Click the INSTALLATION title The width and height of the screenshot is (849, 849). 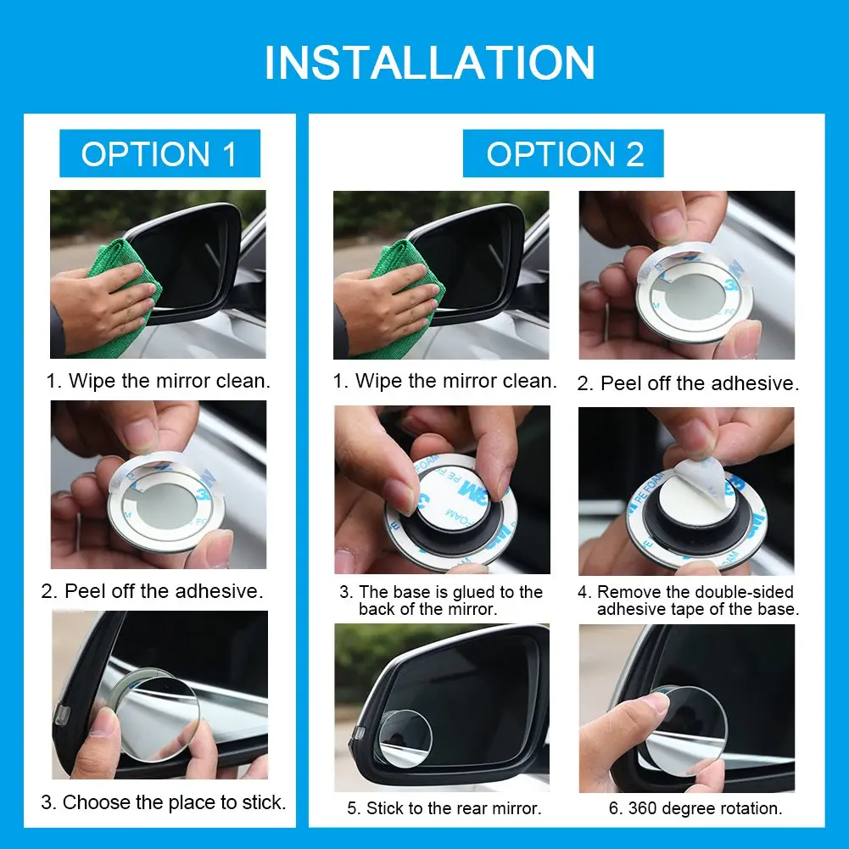pos(430,63)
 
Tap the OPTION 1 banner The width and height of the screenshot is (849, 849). pos(159,154)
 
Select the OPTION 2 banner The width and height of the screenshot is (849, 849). pos(563,154)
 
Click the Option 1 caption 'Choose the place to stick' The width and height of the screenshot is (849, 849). pos(164,802)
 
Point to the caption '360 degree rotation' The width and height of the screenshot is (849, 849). pos(695,808)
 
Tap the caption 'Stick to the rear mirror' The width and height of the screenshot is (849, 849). pos(444,808)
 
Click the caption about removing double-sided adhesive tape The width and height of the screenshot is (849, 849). pos(688,600)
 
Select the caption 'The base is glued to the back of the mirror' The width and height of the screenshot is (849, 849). pos(441,600)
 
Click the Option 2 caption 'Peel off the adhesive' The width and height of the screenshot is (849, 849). pos(688,383)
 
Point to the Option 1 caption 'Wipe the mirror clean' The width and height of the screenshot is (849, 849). pos(158,381)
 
